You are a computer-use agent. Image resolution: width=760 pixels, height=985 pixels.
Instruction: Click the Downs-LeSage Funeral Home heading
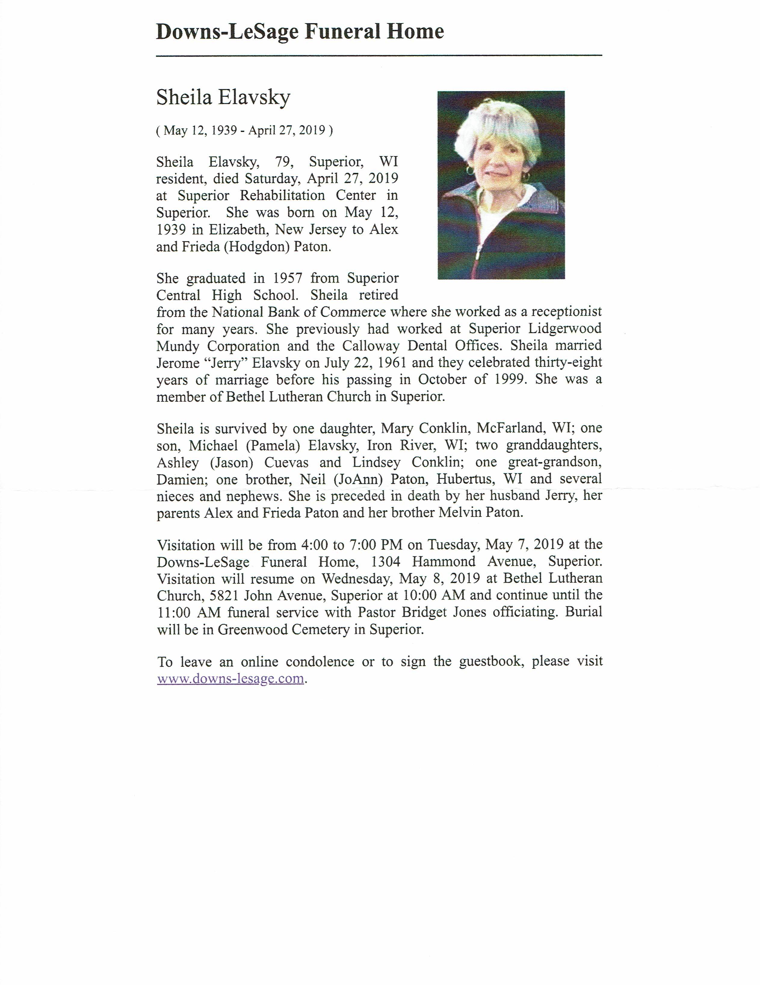click(300, 32)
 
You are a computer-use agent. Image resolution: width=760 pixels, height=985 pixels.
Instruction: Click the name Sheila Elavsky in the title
click(223, 97)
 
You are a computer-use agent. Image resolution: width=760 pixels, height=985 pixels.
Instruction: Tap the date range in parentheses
click(244, 130)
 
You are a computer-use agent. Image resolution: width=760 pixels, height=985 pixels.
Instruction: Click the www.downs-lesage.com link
click(230, 679)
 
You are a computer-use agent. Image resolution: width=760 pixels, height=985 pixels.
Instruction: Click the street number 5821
click(224, 596)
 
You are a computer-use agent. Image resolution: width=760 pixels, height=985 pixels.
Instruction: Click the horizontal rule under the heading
click(379, 55)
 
